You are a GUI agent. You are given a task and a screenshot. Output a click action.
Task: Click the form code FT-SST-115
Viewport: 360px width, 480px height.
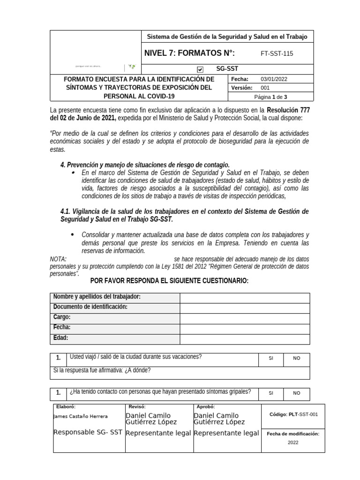pos(277,53)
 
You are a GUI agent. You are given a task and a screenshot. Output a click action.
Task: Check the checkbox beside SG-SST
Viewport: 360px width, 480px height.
pos(200,69)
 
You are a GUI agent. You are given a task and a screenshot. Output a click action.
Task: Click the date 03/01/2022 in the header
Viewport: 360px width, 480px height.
pos(274,79)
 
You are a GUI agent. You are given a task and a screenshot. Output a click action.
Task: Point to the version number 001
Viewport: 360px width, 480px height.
pos(265,88)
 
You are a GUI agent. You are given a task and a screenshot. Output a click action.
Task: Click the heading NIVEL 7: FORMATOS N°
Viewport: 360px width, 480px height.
pos(189,53)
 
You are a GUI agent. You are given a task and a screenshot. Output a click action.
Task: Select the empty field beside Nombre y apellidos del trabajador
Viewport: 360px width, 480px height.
pos(244,298)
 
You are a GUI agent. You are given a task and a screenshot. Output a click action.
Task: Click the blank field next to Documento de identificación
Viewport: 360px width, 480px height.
pos(244,308)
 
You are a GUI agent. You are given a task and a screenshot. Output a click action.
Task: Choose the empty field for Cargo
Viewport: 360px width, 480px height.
pos(244,319)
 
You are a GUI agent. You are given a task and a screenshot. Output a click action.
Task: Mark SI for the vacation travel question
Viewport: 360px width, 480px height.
pos(271,359)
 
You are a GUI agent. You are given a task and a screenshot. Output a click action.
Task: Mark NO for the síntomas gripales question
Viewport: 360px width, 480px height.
pos(297,394)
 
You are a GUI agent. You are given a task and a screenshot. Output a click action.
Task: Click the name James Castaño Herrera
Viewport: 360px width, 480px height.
pos(81,416)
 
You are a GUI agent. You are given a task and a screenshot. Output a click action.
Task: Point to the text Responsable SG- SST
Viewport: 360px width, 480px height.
pos(88,433)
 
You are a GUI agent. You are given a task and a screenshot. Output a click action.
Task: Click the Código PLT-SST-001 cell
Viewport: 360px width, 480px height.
pos(294,414)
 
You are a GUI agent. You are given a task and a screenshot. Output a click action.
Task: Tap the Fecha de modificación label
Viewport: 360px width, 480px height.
pos(292,434)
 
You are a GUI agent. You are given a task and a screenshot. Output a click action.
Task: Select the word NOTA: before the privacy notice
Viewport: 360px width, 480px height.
pos(58,259)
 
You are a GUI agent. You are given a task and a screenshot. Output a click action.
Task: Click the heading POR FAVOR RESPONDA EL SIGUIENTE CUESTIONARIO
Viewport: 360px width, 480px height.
pos(169,281)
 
